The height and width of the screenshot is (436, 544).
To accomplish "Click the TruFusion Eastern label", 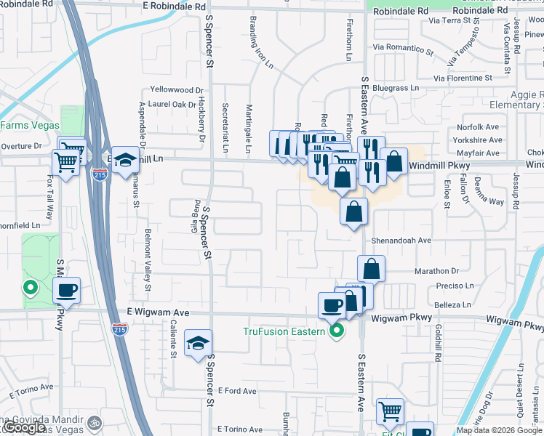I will (x=284, y=332).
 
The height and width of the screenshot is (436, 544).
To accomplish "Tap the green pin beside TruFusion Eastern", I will (x=336, y=332).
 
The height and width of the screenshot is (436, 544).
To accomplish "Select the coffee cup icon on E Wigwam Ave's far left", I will (x=67, y=291).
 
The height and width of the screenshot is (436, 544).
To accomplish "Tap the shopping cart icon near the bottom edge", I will (x=390, y=411).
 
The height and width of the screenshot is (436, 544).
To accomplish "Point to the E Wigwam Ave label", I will (x=157, y=312).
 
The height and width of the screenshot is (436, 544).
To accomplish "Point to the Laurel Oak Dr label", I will (x=172, y=104).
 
